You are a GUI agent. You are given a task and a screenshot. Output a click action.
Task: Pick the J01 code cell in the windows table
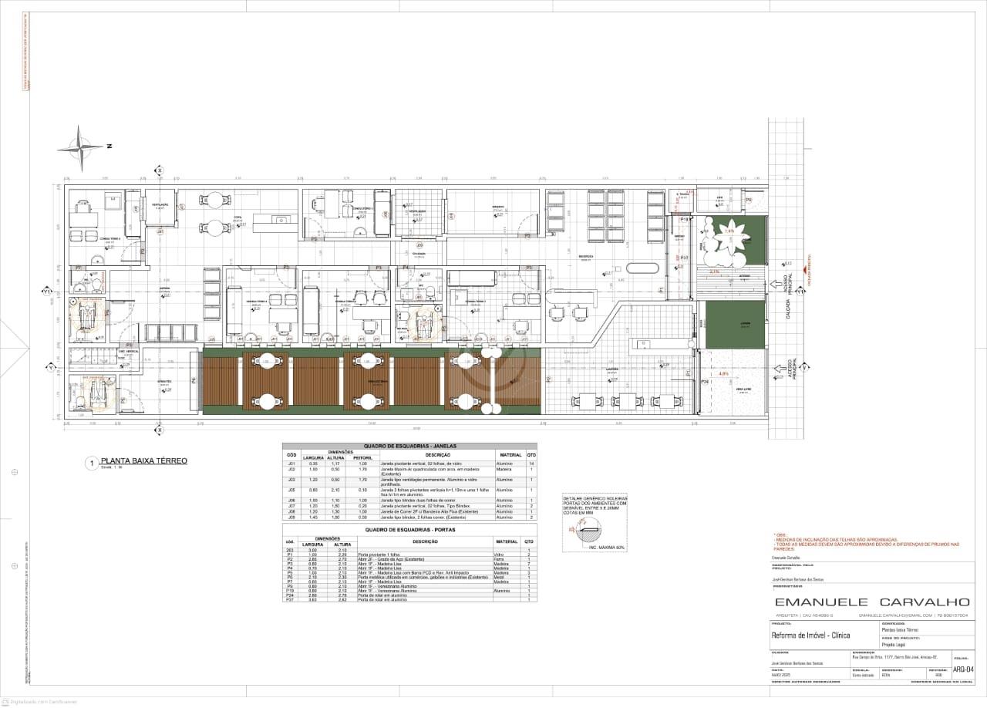[x=291, y=464]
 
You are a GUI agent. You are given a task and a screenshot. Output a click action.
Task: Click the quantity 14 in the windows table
[x=531, y=464]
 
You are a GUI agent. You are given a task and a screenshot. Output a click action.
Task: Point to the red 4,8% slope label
[x=723, y=373]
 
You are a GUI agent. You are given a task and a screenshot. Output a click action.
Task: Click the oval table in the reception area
[x=642, y=268]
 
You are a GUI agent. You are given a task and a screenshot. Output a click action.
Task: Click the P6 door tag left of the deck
[x=194, y=380]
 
